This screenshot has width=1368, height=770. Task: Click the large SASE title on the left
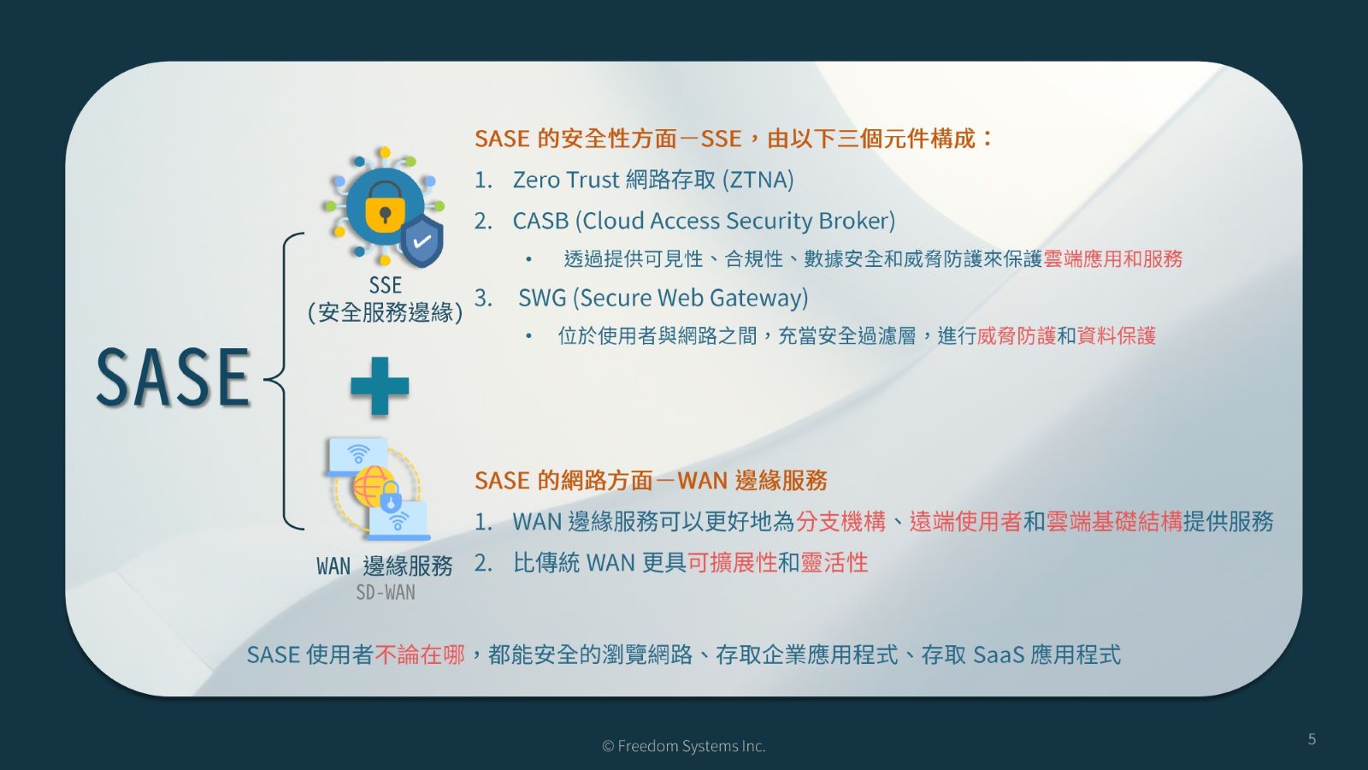pyautogui.click(x=173, y=377)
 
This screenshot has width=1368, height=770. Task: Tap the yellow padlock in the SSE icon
pyautogui.click(x=385, y=208)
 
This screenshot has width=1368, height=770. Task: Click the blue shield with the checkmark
pyautogui.click(x=422, y=240)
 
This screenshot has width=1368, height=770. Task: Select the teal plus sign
pyautogui.click(x=380, y=386)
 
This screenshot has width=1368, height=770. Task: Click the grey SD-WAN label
pyautogui.click(x=386, y=592)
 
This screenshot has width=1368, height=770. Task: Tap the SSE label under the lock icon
pyautogui.click(x=385, y=285)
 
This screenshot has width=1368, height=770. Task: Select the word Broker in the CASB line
pyautogui.click(x=856, y=221)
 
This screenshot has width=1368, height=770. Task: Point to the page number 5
pyautogui.click(x=1312, y=739)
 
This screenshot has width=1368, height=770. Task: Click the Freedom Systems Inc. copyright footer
pyautogui.click(x=684, y=746)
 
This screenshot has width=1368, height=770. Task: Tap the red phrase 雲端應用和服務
pyautogui.click(x=1112, y=259)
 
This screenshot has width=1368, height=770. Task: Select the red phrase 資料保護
pyautogui.click(x=1116, y=336)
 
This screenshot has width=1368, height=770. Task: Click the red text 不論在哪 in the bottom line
pyautogui.click(x=420, y=655)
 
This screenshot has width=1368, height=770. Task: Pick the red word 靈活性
pyautogui.click(x=834, y=563)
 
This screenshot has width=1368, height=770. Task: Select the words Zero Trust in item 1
pyautogui.click(x=565, y=180)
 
